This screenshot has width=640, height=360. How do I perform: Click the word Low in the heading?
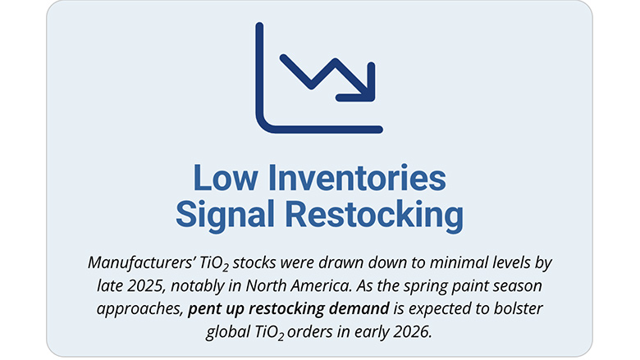point(220,178)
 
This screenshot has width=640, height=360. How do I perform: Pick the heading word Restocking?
point(373,215)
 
